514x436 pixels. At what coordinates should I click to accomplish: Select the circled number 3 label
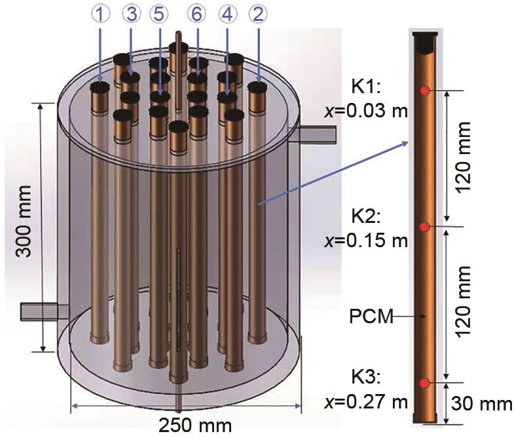pos(131,14)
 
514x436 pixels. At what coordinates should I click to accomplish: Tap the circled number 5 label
pos(158,14)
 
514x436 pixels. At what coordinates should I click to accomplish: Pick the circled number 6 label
pos(196,14)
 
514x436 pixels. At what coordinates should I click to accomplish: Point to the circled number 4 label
pos(228,14)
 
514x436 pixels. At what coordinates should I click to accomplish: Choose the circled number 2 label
pos(258,14)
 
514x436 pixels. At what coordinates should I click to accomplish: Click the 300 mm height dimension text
pos(24,222)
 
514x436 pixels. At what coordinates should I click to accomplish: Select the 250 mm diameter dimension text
pos(195,426)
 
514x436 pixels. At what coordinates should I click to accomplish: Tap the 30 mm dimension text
pos(481,403)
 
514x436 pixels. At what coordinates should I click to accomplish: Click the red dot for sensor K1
pos(425,91)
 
